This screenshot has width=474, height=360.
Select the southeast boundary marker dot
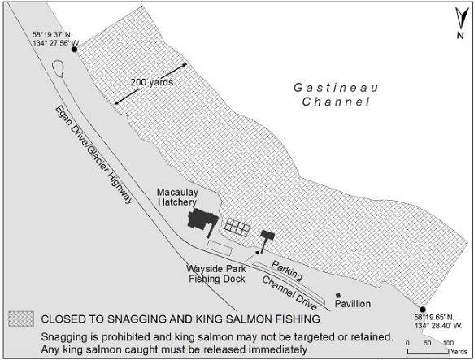point(421,309)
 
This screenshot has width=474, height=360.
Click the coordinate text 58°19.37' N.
point(52,34)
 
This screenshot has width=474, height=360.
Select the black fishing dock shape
point(266,237)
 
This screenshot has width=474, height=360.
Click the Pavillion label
point(353,303)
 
